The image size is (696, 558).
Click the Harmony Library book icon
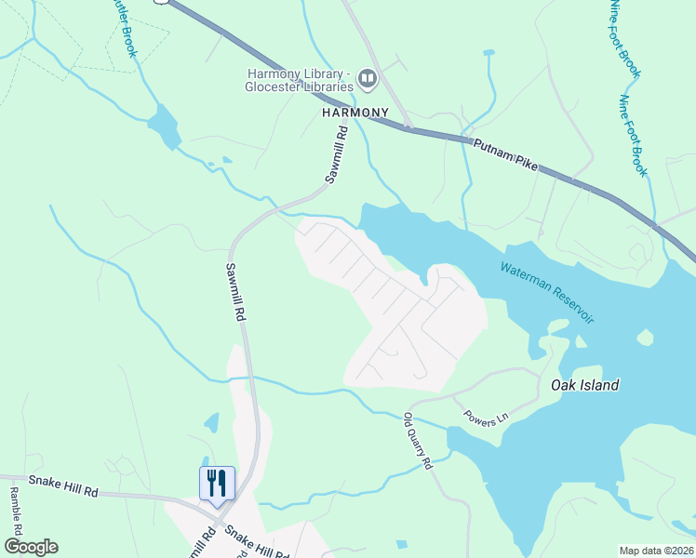click(368, 79)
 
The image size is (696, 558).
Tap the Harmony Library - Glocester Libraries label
click(298, 80)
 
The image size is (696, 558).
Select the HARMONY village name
click(355, 112)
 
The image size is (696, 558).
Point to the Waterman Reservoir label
click(546, 292)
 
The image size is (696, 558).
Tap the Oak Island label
click(584, 385)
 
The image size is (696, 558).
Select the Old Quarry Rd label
click(419, 441)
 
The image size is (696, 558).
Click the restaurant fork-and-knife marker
click(217, 484)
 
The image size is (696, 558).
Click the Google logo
click(31, 547)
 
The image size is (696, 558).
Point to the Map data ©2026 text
click(656, 551)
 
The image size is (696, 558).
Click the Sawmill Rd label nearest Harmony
click(336, 158)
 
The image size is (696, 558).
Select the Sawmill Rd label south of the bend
click(234, 291)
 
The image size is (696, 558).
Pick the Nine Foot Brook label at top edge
click(625, 37)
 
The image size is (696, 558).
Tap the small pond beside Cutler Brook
click(165, 126)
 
